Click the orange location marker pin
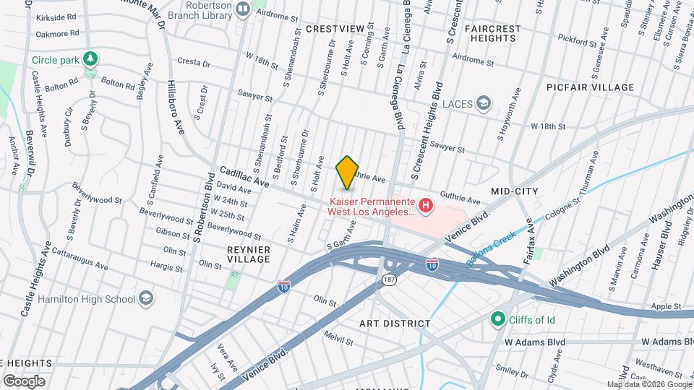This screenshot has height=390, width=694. coord(348,172)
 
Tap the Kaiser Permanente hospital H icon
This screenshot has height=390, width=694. coord(426,207)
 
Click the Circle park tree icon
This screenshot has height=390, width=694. coord(90,58)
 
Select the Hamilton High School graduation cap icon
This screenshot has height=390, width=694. coord(146,298)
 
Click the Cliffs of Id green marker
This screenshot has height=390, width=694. coord(497,318)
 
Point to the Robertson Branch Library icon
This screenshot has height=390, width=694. coord(243,9)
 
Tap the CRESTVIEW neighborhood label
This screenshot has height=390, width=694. coord(335,28)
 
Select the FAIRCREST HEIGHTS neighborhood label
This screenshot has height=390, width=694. coord(493,33)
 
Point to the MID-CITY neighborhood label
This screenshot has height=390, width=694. coord(515,191)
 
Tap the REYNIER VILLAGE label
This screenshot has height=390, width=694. coord(248,254)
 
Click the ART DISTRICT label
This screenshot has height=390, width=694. coord(395,324)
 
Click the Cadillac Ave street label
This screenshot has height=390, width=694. coord(244,178)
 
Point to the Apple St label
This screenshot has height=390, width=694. coord(666,306)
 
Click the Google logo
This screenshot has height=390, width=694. coord(24,381)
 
